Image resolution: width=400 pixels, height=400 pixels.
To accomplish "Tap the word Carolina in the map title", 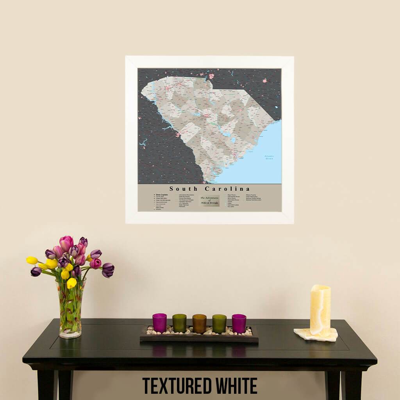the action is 227,189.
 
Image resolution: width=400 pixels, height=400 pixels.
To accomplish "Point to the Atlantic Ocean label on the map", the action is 270,157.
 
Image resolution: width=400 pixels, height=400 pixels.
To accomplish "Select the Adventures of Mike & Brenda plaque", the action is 210,201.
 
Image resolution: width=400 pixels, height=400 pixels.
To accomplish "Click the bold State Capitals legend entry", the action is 162,195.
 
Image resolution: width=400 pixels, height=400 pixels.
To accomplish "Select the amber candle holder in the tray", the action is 199,323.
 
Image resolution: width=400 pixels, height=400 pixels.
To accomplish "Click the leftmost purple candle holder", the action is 159,323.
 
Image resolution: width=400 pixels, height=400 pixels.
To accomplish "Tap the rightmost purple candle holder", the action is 239,323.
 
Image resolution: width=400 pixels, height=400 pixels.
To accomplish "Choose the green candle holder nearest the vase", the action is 179,323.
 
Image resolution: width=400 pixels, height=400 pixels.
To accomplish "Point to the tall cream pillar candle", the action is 320,310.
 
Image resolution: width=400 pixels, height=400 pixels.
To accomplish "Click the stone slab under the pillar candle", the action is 316,334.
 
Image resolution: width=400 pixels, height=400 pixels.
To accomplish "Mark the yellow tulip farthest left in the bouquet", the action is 32,260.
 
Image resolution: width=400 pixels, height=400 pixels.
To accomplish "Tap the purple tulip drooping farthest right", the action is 108,270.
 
